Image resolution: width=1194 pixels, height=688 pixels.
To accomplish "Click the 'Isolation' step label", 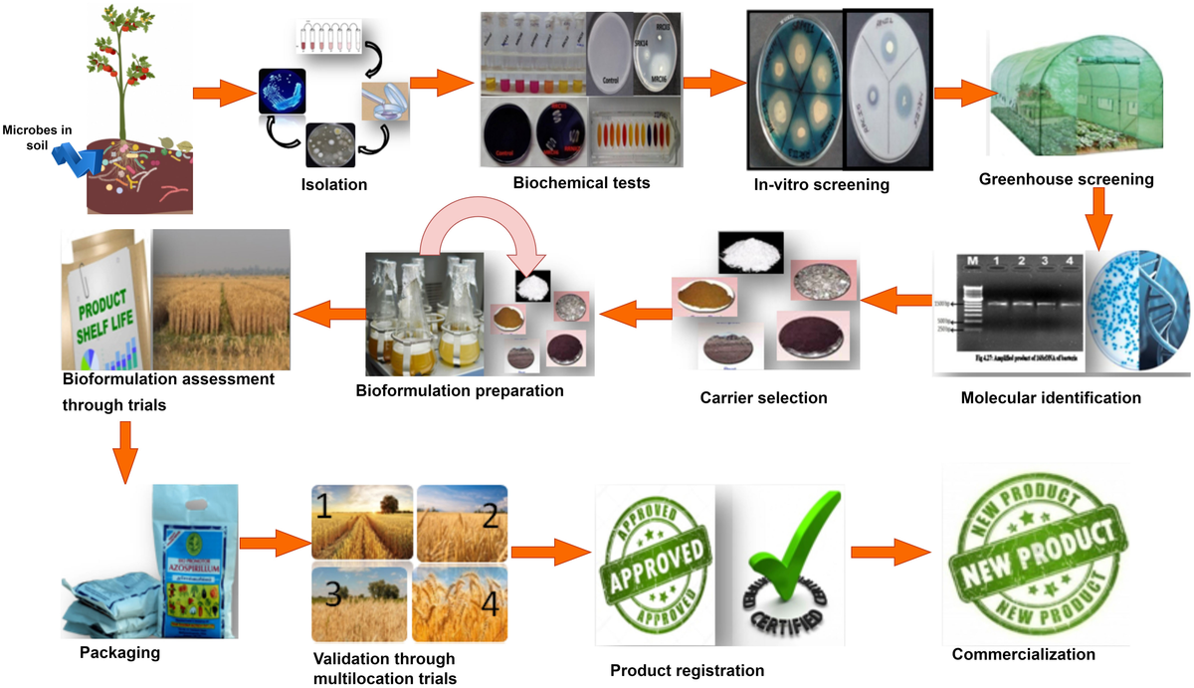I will (x=334, y=184).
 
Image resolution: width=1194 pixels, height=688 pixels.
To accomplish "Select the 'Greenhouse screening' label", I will (x=1066, y=179).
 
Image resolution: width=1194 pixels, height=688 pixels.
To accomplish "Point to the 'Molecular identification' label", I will (x=1051, y=398).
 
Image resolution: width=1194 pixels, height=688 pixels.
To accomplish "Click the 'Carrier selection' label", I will (x=763, y=398).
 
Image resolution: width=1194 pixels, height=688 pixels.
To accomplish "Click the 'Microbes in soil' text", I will (x=32, y=136).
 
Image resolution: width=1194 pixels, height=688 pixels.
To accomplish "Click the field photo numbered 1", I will (x=360, y=522).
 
